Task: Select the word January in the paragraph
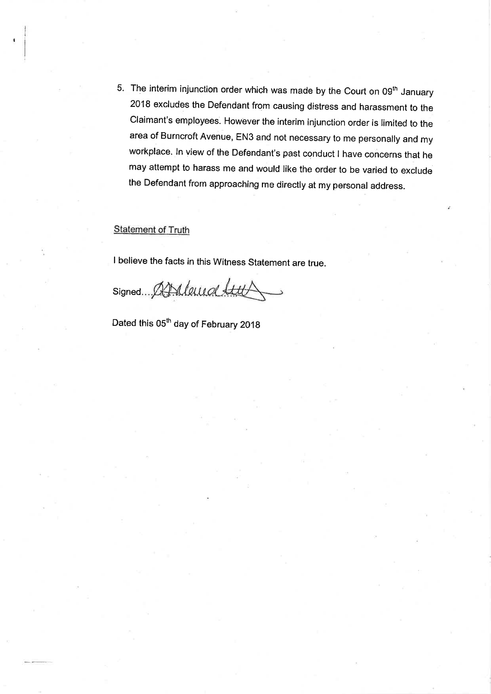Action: pos(417,92)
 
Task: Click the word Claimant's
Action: pos(151,120)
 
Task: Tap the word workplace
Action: pos(150,151)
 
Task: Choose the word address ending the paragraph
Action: pos(388,186)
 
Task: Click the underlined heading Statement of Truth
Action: pos(151,230)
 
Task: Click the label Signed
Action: pos(126,292)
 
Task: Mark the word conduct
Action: pos(316,154)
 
